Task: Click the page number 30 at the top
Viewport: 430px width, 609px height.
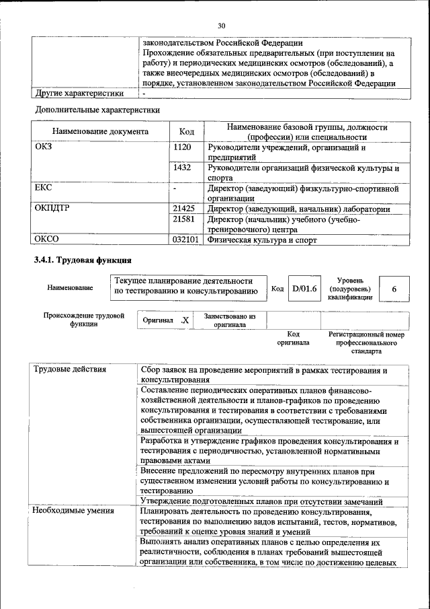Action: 221,26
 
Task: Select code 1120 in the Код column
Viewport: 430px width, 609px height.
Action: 183,147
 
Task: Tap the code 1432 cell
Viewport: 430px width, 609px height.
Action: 183,168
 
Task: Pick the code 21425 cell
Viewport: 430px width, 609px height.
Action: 183,209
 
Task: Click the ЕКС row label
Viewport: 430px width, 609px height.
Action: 44,188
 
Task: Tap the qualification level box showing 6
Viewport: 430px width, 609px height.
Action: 394,289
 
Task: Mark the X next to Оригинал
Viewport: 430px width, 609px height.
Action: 185,320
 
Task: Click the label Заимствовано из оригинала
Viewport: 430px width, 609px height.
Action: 225,320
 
